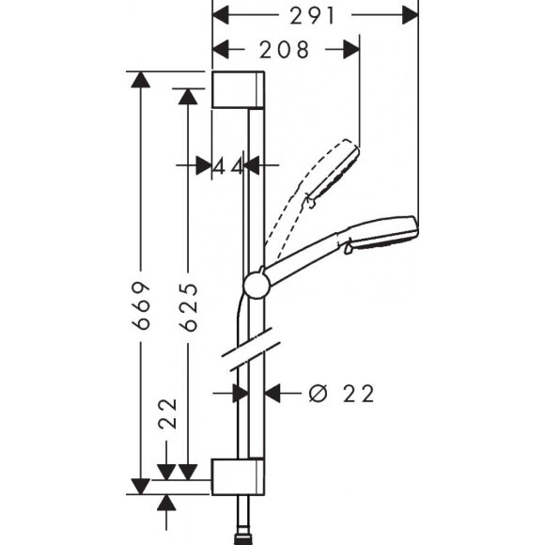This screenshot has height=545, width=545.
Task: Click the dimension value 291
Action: point(316,15)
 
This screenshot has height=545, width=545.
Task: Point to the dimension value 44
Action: point(227,166)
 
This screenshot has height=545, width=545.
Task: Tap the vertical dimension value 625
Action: point(188,306)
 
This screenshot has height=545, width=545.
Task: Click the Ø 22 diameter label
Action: point(340,394)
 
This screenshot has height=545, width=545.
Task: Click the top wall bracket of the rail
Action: point(239,90)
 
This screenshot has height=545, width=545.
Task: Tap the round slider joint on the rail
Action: point(256,286)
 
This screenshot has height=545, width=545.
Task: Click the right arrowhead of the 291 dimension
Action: point(410,15)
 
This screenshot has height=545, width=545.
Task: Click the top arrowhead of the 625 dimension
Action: point(188,97)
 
